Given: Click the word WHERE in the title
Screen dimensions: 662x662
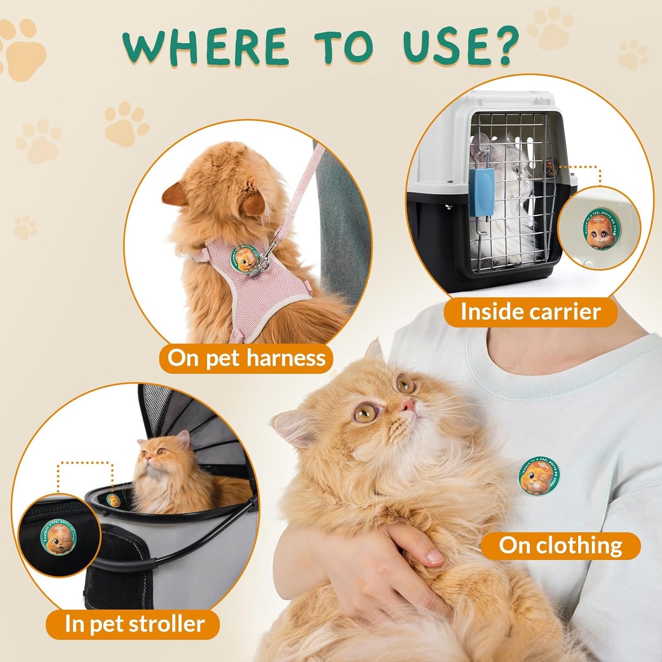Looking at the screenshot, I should coord(204,47).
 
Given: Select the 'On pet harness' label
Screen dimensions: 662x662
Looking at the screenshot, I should coord(246,358).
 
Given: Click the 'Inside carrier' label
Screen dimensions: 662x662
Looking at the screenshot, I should coord(531,312).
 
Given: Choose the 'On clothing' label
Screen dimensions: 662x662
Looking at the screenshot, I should coord(560,546).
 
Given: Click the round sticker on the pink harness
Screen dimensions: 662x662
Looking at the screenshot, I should coord(245,259).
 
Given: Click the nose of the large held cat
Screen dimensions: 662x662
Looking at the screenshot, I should coord(408,405).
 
